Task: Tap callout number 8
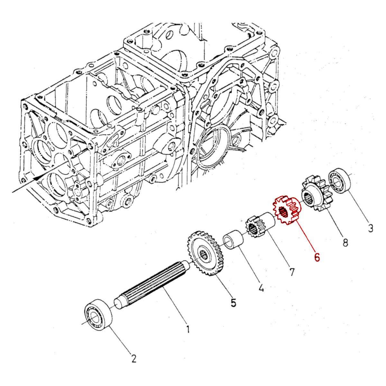click(345, 242)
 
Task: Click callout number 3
click(370, 229)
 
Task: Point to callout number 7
click(291, 272)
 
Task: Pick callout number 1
click(188, 329)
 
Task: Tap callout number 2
click(133, 358)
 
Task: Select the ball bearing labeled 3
click(339, 181)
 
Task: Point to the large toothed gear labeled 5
click(205, 254)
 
